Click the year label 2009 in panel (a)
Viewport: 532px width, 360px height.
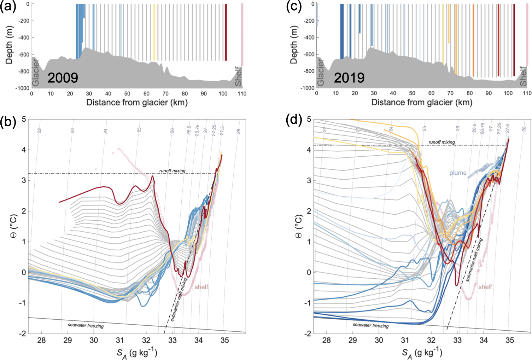click(x=63, y=78)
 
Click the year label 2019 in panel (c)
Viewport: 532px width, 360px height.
click(x=349, y=78)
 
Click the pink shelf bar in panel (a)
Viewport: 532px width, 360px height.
click(x=242, y=34)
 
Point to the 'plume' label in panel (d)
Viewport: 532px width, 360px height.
click(x=458, y=173)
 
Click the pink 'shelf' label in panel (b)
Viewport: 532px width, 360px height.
click(x=201, y=287)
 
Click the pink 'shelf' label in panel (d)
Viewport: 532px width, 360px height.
click(x=485, y=287)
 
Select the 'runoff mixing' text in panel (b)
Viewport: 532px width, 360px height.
click(x=173, y=171)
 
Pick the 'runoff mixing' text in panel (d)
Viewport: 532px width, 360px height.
click(x=442, y=142)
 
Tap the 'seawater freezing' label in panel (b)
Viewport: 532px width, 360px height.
click(x=86, y=325)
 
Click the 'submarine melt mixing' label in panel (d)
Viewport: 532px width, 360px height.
click(x=474, y=260)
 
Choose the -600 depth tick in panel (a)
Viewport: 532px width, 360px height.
click(x=24, y=54)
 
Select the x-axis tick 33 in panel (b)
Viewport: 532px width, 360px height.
click(x=173, y=340)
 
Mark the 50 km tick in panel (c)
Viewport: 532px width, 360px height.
click(x=412, y=93)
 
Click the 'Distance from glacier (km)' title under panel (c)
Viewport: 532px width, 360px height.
click(x=422, y=103)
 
